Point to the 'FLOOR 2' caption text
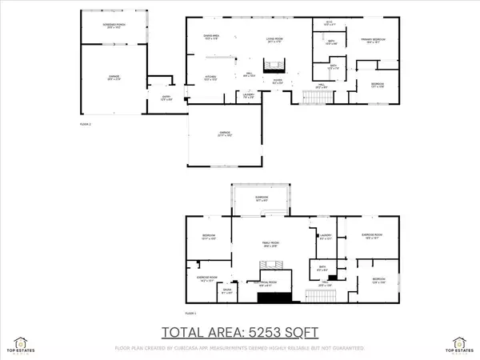click(86, 125)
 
